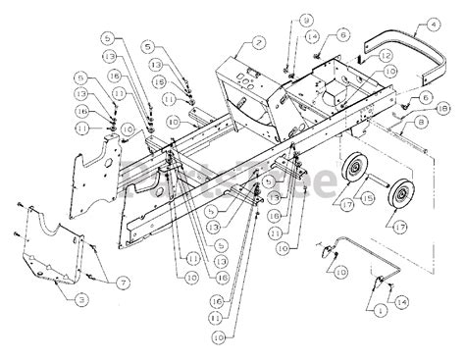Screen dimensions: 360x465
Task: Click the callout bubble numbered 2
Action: [x=258, y=42]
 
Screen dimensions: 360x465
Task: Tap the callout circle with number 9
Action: [x=307, y=20]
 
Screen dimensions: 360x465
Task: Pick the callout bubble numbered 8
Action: [x=420, y=123]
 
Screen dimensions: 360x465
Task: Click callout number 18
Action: [x=442, y=112]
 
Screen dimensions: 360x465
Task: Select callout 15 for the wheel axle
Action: [x=368, y=199]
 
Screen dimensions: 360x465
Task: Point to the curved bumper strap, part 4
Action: [x=412, y=54]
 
